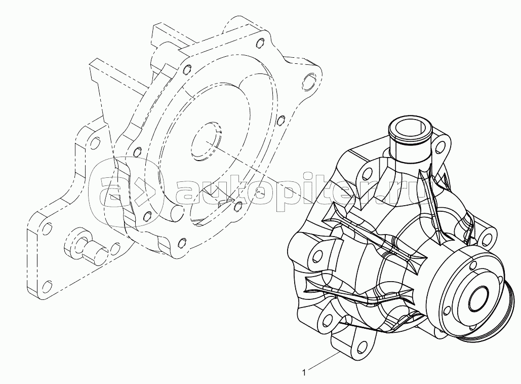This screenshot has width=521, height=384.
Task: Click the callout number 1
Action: tap(304, 372)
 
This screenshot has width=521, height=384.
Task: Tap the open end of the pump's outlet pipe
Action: tap(410, 128)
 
